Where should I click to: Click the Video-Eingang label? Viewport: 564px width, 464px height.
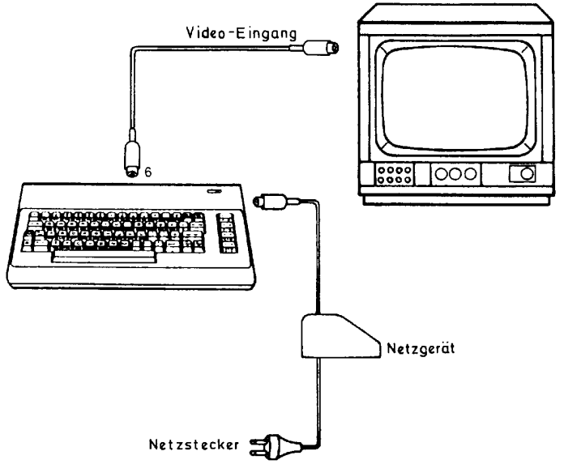[x=241, y=33]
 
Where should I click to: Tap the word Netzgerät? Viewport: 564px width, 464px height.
[x=421, y=348]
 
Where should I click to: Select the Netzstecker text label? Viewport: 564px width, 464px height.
[x=194, y=445]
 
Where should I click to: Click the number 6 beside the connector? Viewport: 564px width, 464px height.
[x=147, y=172]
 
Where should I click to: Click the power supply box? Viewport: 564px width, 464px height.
[x=340, y=336]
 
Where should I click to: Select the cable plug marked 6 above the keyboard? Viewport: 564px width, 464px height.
[x=132, y=157]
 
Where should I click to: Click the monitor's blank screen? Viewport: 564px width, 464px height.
[x=455, y=99]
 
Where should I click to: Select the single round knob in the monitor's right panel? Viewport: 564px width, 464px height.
[x=527, y=174]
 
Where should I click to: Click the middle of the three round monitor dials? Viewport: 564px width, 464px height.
[x=455, y=174]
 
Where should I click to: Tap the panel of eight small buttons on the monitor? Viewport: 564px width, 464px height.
[x=394, y=174]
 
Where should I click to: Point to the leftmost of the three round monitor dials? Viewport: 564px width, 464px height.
[x=441, y=174]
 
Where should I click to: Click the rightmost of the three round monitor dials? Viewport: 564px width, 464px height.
[x=470, y=174]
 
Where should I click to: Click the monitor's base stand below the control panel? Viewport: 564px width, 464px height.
[x=456, y=200]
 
